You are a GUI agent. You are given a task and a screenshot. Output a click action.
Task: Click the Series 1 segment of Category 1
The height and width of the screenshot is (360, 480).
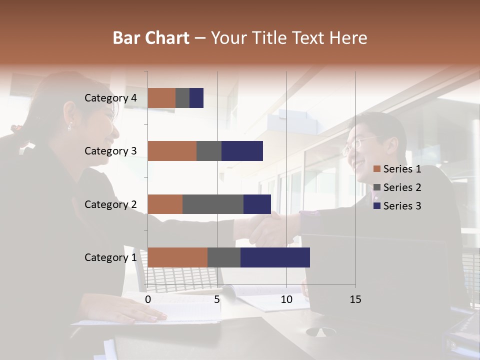tap(177, 257)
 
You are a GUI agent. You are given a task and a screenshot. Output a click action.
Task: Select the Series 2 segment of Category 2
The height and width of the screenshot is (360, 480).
tap(213, 204)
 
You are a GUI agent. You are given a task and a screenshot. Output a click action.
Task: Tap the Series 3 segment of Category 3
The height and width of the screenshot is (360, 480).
tap(242, 151)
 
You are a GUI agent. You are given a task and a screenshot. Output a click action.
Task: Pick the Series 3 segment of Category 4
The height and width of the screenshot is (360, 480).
tap(196, 98)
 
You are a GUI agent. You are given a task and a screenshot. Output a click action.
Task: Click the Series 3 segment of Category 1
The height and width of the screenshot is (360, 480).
tap(275, 257)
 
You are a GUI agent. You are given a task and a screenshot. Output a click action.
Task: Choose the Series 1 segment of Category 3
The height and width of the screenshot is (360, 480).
tap(172, 151)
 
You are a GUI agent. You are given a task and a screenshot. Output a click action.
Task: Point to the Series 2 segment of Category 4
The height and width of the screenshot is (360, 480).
tap(182, 98)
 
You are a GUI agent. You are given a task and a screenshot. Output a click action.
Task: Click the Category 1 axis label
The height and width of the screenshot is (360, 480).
tap(110, 257)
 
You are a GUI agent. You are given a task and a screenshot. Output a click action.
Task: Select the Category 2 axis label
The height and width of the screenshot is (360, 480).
tap(110, 204)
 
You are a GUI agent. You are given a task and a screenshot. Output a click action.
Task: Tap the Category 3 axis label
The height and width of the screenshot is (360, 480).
tap(110, 151)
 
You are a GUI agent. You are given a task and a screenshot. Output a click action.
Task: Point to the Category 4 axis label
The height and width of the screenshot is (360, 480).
tap(110, 98)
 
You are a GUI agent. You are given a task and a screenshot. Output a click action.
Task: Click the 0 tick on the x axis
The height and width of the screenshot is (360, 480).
tap(148, 299)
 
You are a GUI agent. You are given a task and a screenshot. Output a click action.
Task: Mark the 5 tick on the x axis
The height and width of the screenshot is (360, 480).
tap(217, 299)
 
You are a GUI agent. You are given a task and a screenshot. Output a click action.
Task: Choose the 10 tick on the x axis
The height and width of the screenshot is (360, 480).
tap(286, 299)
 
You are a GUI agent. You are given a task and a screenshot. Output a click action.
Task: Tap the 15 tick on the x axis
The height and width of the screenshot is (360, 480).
tap(355, 299)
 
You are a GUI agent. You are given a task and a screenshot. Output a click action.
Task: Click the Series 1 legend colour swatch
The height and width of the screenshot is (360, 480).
tap(377, 169)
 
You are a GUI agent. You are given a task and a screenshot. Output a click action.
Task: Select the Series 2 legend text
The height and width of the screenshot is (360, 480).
tap(402, 187)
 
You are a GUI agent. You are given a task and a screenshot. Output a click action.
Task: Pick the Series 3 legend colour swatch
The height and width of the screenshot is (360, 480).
tap(377, 206)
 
